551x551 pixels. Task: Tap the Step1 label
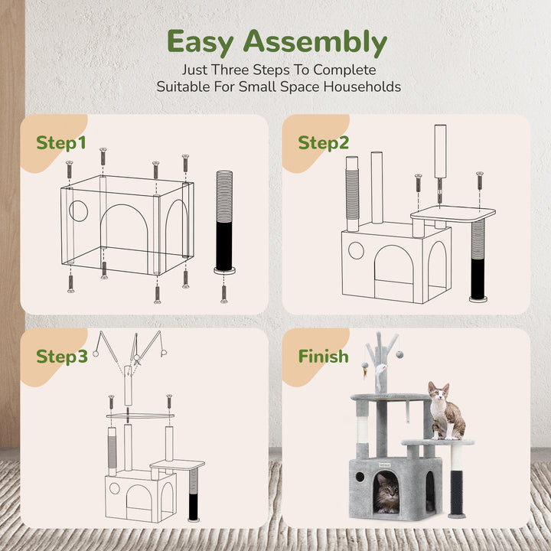(x=61, y=143)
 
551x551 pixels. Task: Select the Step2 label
(x=324, y=143)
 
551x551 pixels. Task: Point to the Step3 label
(x=62, y=357)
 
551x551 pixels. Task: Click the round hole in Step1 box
(x=79, y=211)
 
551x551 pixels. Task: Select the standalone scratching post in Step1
(x=224, y=222)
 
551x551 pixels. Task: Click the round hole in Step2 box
(x=356, y=250)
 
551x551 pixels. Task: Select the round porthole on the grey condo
(x=360, y=478)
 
